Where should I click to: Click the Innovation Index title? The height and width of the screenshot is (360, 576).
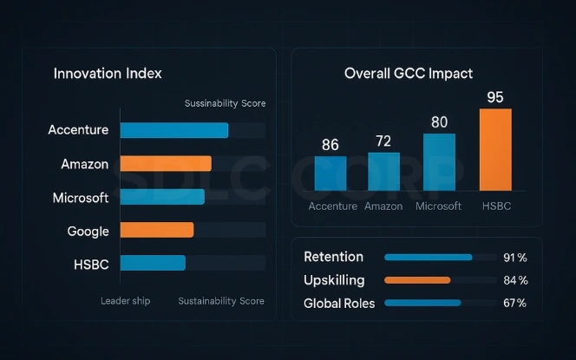[x=108, y=73]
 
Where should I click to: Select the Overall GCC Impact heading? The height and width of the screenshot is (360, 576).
[x=409, y=73]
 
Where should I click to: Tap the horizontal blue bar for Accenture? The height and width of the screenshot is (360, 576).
[x=173, y=130]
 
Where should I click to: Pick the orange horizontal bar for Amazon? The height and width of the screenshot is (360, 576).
[x=165, y=163]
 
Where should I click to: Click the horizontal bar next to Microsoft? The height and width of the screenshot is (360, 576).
[x=161, y=197]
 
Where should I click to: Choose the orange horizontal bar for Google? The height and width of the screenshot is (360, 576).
[x=156, y=230]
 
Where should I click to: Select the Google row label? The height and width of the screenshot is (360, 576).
[x=88, y=231]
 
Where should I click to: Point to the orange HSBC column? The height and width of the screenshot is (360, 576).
[x=495, y=149]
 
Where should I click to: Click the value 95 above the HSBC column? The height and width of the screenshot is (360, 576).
[x=495, y=96]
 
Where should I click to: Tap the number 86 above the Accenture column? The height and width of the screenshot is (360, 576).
[x=330, y=145]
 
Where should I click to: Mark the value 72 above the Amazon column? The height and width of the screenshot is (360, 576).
[x=383, y=141]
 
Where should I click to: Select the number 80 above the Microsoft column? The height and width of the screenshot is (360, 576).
[x=439, y=121]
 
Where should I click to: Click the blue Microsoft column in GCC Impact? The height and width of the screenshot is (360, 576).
[x=439, y=161]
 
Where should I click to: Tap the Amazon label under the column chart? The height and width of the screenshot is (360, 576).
[x=383, y=206]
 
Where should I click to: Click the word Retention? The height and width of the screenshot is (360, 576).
[x=333, y=257]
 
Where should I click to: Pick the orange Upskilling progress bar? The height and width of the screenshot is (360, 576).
[x=417, y=280]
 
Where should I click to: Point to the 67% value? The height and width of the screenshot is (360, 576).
[x=515, y=303]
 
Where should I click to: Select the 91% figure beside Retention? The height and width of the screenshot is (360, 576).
[x=515, y=258]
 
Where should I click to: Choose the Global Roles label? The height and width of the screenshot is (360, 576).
[x=339, y=303]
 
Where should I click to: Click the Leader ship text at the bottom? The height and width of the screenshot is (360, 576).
[x=126, y=301]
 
